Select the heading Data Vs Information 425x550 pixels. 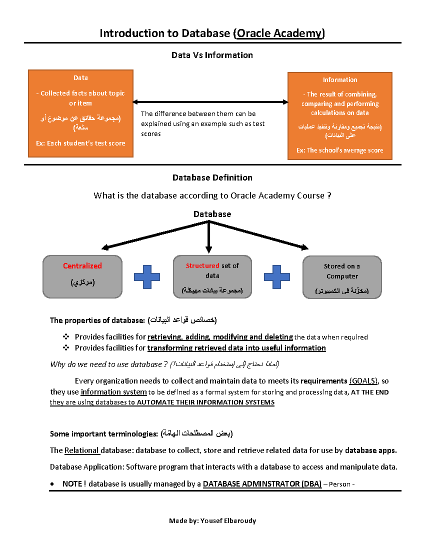coord(212,55)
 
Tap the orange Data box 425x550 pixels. coord(81,113)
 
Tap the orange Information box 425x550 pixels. coord(340,116)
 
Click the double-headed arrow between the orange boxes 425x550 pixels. coord(210,102)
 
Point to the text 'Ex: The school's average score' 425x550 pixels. coord(340,150)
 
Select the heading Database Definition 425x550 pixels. coord(212,178)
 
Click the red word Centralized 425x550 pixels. coord(82,266)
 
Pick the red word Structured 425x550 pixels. coord(202,266)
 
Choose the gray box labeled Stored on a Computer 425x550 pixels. coord(342,277)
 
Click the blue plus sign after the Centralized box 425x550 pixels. coord(147,277)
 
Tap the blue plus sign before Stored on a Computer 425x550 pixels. coord(277,277)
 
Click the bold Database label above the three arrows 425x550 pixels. coord(212,214)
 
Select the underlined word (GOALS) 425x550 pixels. coord(364,381)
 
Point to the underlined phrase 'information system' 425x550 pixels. coord(114,392)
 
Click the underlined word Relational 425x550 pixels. coord(81,450)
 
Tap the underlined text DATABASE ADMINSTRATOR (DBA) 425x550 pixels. coord(262,484)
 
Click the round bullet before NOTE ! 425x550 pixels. coord(52,484)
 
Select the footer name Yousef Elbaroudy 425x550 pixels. coord(228,521)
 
